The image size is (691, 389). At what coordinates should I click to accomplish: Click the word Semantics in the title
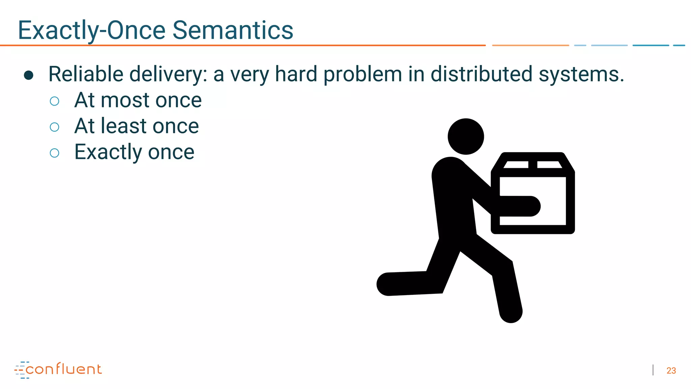click(x=233, y=30)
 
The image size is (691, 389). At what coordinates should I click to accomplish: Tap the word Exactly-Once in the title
click(x=91, y=30)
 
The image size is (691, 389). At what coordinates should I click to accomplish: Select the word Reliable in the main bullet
click(x=86, y=74)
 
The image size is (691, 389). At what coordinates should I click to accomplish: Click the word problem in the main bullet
click(x=363, y=75)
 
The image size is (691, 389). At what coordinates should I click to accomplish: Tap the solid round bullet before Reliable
click(x=29, y=75)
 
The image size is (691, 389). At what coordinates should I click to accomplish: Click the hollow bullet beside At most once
click(x=54, y=101)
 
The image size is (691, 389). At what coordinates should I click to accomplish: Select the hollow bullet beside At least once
click(x=54, y=127)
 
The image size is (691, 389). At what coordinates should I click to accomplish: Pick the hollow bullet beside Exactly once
click(x=54, y=153)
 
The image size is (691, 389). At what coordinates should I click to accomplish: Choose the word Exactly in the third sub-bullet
click(x=108, y=152)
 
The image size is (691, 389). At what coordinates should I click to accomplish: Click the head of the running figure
click(x=466, y=136)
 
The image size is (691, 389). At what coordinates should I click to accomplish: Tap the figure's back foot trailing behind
click(x=388, y=284)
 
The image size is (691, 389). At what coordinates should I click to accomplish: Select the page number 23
click(x=671, y=371)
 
